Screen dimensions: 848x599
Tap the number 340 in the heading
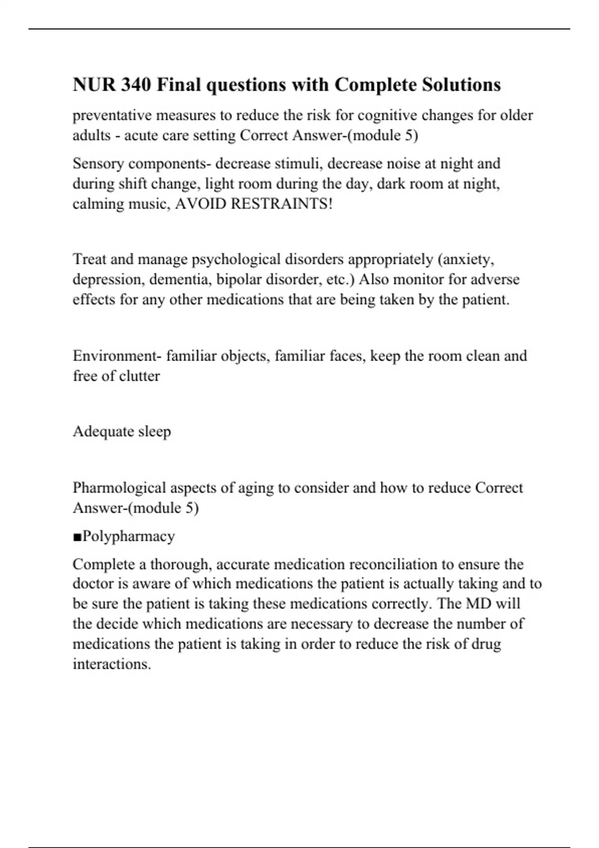tap(135, 85)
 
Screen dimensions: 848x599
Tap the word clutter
tap(140, 376)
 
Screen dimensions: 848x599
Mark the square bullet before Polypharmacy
tap(77, 537)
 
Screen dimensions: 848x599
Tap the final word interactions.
tap(112, 664)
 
